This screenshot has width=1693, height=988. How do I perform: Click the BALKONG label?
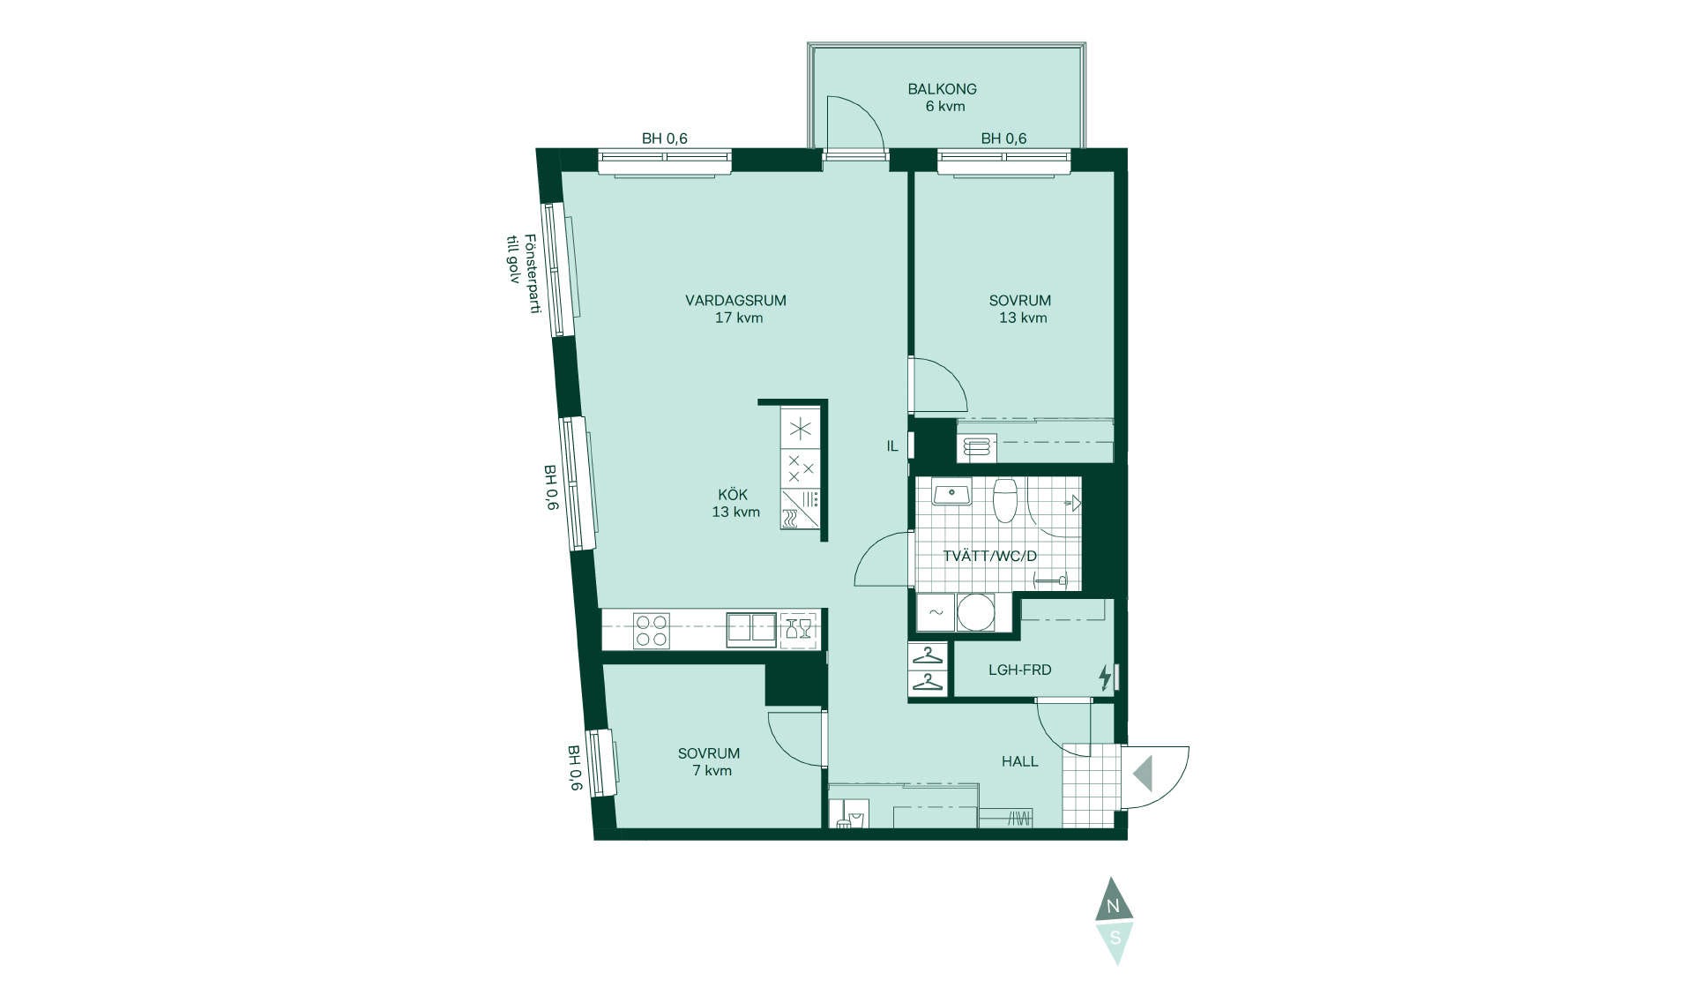(942, 89)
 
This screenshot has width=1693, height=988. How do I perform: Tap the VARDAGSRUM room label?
(735, 301)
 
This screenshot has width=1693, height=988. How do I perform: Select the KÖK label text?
(733, 495)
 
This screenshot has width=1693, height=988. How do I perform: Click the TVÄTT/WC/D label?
(989, 557)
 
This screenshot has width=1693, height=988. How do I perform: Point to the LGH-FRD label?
(1019, 670)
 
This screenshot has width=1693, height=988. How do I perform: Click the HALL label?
(1019, 761)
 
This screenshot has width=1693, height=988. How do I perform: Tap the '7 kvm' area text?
(712, 771)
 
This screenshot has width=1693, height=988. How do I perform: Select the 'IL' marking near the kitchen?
(892, 446)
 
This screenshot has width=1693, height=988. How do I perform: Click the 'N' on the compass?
(1113, 906)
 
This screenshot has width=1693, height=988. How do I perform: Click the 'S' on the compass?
(1115, 937)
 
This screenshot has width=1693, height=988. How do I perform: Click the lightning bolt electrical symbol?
(1104, 677)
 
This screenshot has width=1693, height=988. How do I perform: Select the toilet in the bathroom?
(1005, 500)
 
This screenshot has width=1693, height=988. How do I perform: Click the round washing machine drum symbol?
(975, 612)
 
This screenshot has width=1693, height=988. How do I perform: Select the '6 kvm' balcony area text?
(945, 107)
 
